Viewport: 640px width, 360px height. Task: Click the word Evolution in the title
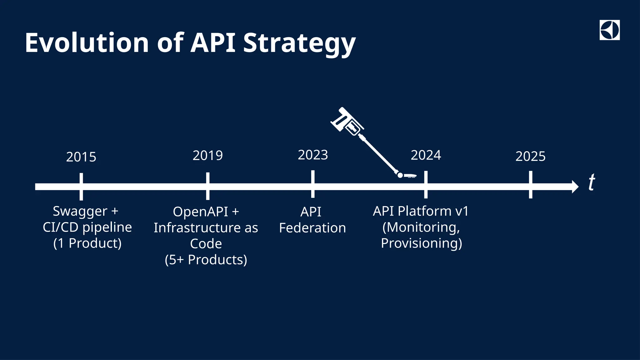(x=87, y=43)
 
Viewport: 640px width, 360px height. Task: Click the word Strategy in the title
(x=299, y=44)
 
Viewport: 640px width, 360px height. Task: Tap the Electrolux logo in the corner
(x=609, y=30)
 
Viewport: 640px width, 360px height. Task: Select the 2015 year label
(x=81, y=157)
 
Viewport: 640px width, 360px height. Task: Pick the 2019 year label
(x=207, y=156)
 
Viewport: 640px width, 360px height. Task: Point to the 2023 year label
(x=313, y=155)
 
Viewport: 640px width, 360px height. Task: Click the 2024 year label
(x=426, y=155)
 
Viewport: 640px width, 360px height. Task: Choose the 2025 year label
(x=530, y=157)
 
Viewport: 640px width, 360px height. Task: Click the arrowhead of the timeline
(x=575, y=187)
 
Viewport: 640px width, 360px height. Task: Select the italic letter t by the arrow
(x=592, y=182)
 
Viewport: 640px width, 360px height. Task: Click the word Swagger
(x=80, y=212)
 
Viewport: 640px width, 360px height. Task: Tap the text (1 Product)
(x=87, y=243)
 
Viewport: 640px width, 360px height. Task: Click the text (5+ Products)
(x=206, y=260)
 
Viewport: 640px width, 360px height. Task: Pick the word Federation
(x=312, y=228)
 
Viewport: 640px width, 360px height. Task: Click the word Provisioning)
(x=421, y=243)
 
